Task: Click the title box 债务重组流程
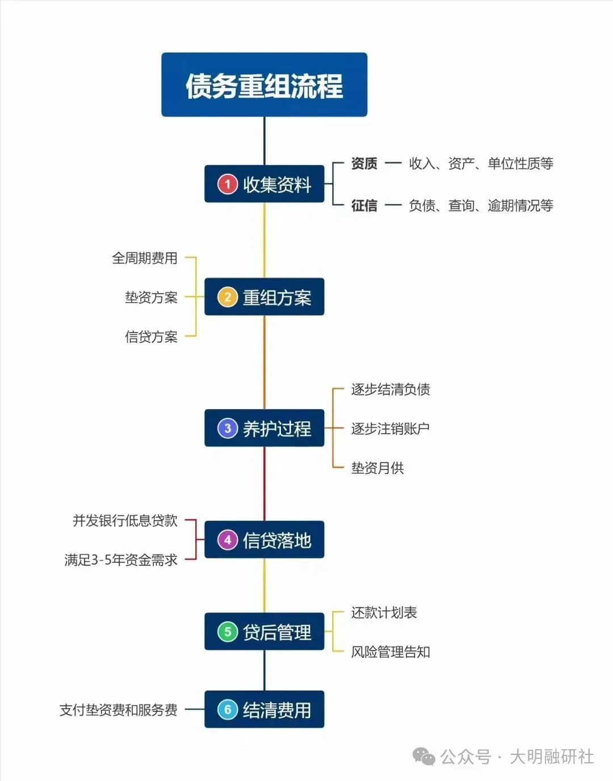pos(264,85)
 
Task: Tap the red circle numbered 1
pos(228,184)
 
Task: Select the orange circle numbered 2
pos(228,297)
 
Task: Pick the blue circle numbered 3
pos(228,428)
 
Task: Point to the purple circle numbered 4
pos(228,540)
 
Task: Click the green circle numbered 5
pos(228,632)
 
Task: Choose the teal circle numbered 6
pos(228,709)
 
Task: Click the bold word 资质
pos(364,163)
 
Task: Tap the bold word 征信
pos(364,205)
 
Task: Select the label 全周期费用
pos(145,258)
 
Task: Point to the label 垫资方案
pos(151,297)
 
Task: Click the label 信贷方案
pos(151,337)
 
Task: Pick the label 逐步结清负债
pos(391,389)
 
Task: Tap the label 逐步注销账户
pos(391,429)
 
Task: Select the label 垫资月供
pos(377,468)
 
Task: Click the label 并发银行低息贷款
pos(125,520)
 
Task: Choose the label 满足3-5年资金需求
pos(121,560)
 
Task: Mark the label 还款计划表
pos(384,612)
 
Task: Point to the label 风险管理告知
pos(391,652)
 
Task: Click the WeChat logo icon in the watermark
pos(423,756)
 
